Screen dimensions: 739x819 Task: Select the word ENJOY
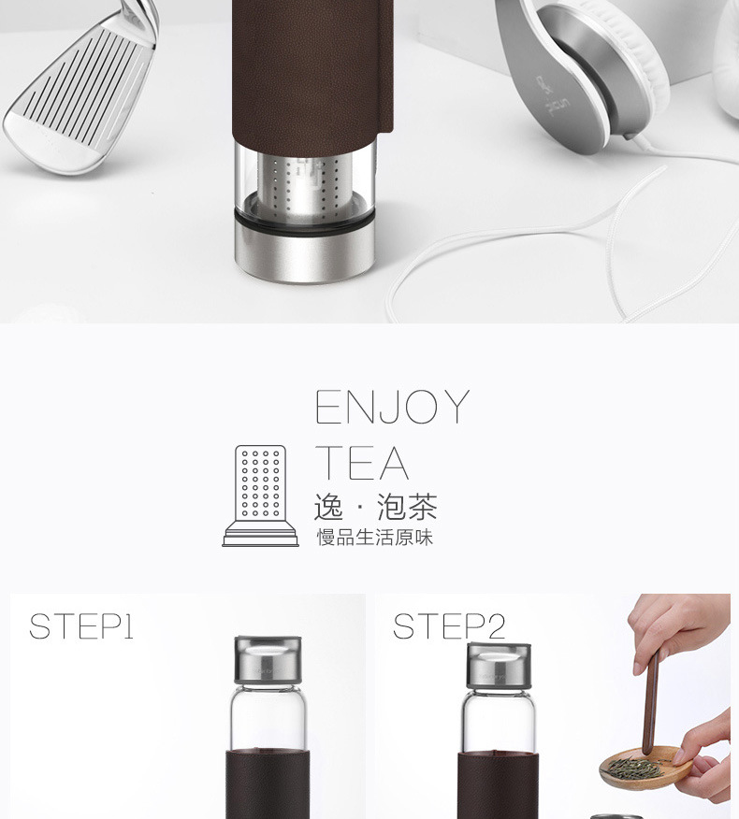[393, 407]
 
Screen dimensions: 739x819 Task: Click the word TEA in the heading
[362, 463]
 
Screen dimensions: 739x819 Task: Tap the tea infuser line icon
[260, 496]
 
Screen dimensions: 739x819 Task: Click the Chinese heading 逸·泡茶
[375, 507]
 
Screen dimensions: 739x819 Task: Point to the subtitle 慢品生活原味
[375, 538]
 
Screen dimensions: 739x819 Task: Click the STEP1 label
[81, 626]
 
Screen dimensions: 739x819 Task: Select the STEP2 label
[449, 626]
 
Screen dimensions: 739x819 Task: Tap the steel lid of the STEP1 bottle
[268, 660]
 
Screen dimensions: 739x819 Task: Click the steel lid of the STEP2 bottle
[500, 666]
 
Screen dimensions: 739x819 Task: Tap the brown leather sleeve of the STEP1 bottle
[268, 784]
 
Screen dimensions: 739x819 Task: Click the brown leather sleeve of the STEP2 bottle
[498, 785]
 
